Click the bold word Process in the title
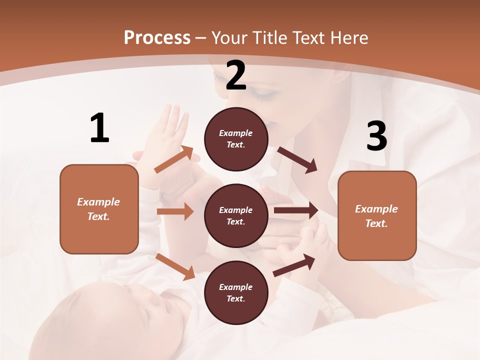pos(157,38)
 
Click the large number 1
pos(99,128)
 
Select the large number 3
pos(376,136)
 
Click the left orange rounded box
pos(99,209)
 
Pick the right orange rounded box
pos(377,215)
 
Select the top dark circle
pos(236,139)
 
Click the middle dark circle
pos(236,215)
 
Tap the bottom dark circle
pos(236,292)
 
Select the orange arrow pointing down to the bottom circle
pos(175,266)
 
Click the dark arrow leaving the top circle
pos(297,160)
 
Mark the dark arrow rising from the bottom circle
pos(294,265)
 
